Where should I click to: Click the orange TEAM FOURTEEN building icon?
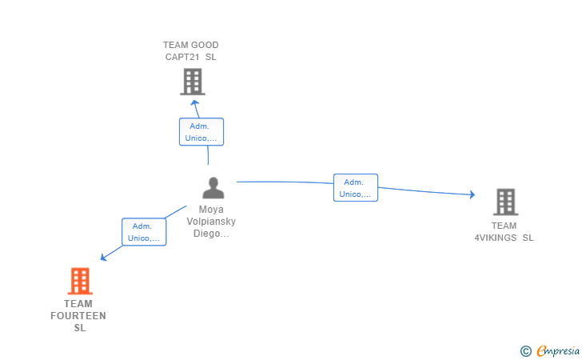point(80,281)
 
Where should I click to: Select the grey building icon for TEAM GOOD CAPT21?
point(193,82)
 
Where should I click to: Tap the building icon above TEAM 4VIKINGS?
point(505,202)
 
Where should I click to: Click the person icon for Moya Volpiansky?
point(213,188)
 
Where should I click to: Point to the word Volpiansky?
point(211,222)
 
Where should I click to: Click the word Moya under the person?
point(211,210)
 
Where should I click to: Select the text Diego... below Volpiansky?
point(211,234)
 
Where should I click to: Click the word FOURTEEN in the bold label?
point(78,316)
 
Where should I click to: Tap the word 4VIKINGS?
point(496,238)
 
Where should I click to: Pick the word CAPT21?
point(182,57)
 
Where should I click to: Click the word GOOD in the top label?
point(205,45)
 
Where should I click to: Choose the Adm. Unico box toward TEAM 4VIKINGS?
point(356,188)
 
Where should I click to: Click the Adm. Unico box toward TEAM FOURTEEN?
point(144,232)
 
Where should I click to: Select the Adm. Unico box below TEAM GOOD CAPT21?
point(201,132)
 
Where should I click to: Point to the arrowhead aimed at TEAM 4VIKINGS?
point(472,194)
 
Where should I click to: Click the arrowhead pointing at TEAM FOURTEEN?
point(104,257)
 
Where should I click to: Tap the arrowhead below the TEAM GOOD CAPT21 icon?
point(194,103)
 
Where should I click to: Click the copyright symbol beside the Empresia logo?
point(525,351)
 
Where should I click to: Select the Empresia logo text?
point(558,350)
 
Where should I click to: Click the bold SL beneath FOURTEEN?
point(80,328)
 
